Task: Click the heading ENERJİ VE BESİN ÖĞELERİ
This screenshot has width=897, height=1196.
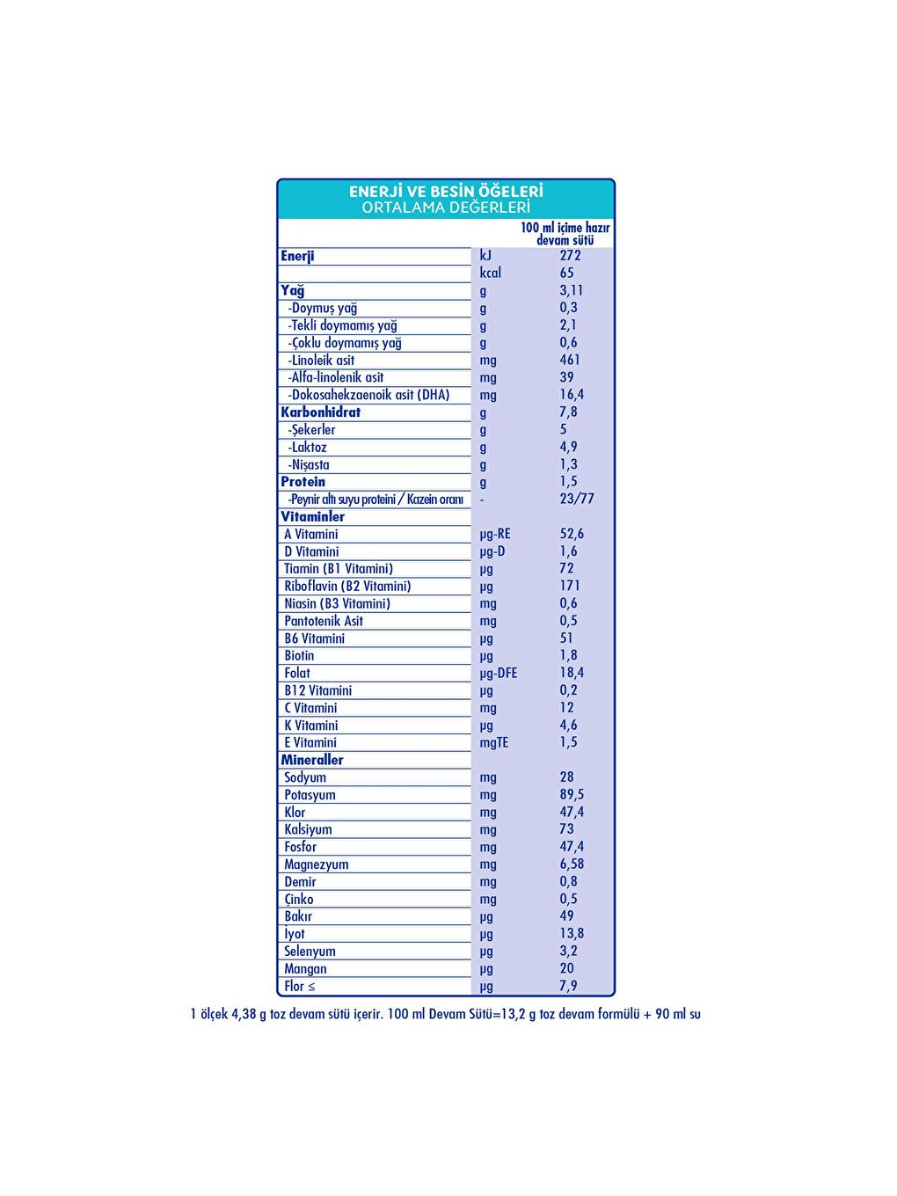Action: point(446,191)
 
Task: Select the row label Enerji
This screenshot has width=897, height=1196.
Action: point(297,256)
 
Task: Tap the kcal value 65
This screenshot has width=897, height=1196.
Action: point(567,273)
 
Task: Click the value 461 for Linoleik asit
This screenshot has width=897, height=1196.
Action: point(570,360)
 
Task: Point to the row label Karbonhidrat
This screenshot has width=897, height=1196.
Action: point(321,412)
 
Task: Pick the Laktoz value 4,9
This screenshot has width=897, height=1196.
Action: point(569,447)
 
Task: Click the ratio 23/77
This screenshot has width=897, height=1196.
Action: point(577,499)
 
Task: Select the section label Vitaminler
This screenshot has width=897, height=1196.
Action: point(313,516)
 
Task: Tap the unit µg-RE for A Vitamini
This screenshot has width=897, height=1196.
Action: point(495,534)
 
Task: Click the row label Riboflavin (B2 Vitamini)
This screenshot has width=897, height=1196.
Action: point(347,586)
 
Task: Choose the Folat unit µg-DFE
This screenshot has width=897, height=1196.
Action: point(499,673)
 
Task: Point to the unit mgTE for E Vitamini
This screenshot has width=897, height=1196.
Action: point(494,742)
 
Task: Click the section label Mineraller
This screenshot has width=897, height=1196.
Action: point(312,760)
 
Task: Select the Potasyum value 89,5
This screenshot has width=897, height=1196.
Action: point(572,794)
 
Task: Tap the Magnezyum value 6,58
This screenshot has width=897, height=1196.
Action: point(572,864)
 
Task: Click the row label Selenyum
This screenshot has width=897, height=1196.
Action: point(310,951)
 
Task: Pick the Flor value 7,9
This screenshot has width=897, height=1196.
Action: point(569,986)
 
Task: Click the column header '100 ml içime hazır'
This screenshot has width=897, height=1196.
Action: point(565,228)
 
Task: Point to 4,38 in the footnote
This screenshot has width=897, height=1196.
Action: point(244,1014)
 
